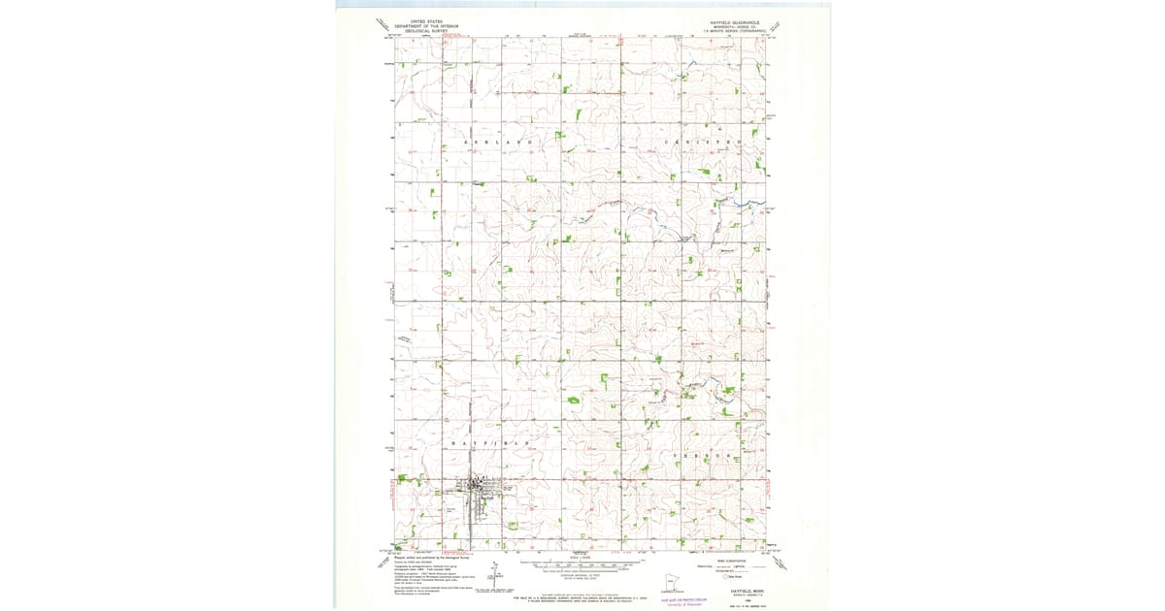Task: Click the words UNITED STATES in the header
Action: (x=424, y=20)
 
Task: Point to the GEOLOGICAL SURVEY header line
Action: (x=424, y=30)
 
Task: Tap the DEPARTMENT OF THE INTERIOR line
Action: (x=424, y=25)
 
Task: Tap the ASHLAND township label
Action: (x=499, y=142)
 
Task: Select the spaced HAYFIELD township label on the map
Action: (x=490, y=442)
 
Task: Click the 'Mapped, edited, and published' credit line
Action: (x=427, y=560)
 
